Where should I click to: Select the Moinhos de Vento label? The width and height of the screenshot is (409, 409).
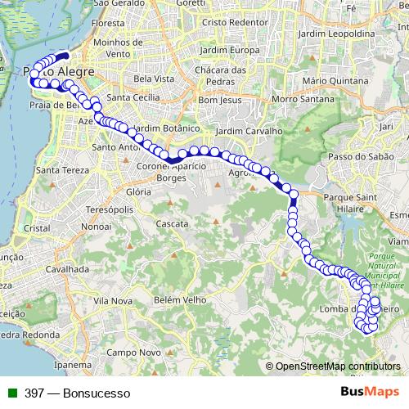tap(118, 47)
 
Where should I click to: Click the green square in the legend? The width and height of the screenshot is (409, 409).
tap(13, 393)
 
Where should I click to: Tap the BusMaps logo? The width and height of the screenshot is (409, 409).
tap(368, 392)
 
